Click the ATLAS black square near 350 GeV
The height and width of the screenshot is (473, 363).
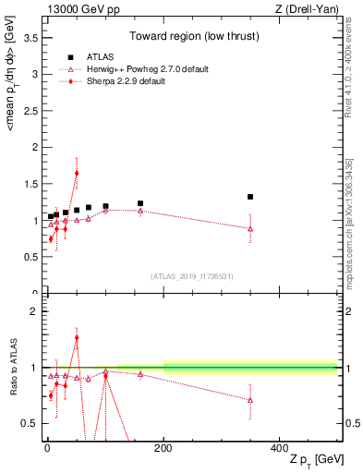point(250,197)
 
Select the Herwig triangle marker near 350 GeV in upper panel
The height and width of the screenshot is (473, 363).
point(250,228)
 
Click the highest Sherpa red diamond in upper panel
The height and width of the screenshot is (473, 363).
point(77,173)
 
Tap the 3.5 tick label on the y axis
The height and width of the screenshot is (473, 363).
point(30,38)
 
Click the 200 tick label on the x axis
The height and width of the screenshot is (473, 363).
point(163,448)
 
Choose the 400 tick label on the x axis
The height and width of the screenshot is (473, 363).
point(279,448)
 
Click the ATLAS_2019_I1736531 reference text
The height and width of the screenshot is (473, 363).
point(190,276)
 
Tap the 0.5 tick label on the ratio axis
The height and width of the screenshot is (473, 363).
point(30,423)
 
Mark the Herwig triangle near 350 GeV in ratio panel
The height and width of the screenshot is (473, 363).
point(250,400)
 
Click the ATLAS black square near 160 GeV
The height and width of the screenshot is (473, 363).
point(140,203)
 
